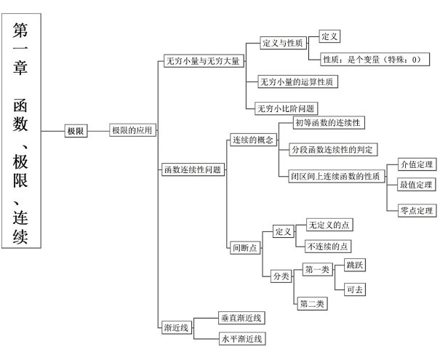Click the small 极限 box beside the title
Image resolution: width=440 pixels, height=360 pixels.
[x=76, y=131]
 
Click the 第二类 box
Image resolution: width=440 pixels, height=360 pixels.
[x=313, y=303]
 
